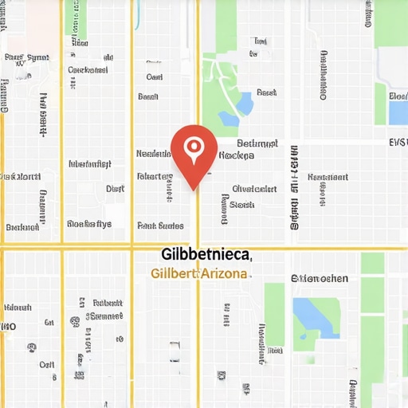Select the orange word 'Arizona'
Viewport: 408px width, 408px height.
225,273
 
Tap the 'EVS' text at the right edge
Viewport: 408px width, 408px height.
397,143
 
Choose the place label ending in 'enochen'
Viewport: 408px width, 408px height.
320,279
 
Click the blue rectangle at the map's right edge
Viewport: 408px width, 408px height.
398,112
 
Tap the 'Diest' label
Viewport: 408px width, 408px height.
115,189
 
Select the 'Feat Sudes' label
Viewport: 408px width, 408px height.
160,226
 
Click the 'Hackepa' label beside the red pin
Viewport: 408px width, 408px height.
236,155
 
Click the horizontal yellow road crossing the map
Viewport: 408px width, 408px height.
96,248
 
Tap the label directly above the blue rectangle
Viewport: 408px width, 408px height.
398,96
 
